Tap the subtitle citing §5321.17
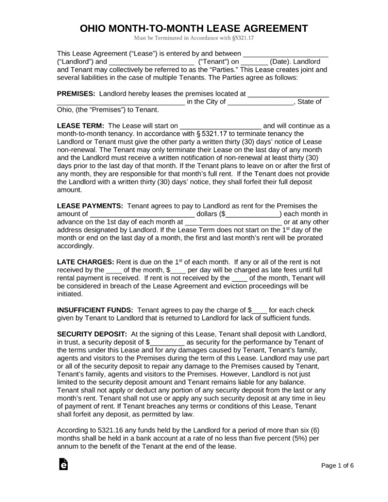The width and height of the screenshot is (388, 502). (194, 38)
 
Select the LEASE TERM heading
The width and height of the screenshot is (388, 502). (81, 126)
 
